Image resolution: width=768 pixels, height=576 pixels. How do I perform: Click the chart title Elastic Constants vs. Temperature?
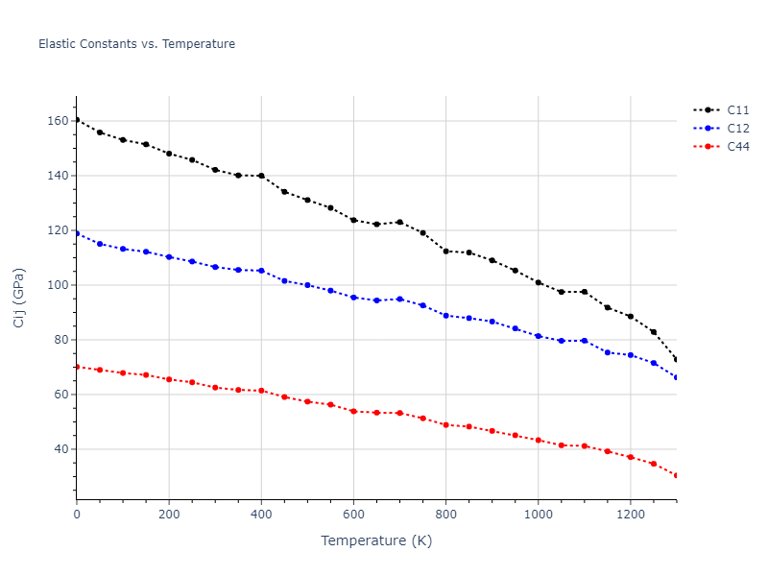click(x=136, y=44)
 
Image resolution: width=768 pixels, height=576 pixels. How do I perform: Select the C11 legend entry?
click(x=737, y=110)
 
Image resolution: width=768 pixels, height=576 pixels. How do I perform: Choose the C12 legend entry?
click(x=737, y=129)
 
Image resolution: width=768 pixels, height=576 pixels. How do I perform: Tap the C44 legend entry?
click(x=737, y=147)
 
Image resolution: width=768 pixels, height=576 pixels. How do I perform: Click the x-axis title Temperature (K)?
click(x=376, y=541)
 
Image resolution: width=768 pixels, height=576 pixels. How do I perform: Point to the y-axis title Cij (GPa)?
click(x=19, y=298)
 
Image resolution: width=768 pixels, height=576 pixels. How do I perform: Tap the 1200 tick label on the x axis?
click(x=630, y=514)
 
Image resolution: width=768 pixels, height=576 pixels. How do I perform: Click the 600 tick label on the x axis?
click(x=353, y=514)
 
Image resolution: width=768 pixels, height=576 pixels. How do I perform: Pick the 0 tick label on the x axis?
click(x=77, y=514)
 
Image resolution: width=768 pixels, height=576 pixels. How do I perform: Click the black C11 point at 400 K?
click(x=261, y=176)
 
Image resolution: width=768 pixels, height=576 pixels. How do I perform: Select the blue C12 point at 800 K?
click(x=445, y=315)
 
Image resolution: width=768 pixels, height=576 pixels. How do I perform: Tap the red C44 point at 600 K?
click(x=353, y=411)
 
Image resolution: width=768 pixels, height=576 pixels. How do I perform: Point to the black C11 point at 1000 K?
click(x=538, y=282)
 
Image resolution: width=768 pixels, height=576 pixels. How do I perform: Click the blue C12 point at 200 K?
click(x=169, y=256)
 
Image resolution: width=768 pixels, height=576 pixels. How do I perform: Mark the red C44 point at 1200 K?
click(x=630, y=457)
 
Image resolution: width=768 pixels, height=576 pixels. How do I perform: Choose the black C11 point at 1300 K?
click(x=676, y=360)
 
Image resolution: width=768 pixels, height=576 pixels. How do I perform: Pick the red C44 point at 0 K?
click(x=77, y=367)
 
